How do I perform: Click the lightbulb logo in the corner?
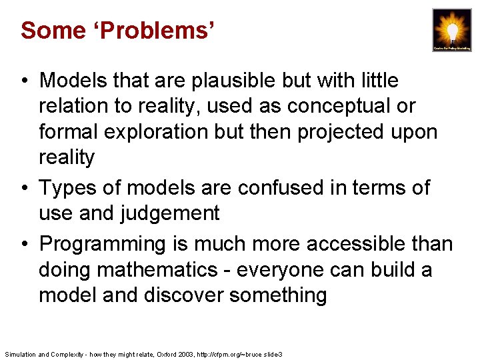451,30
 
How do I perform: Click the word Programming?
105,244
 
